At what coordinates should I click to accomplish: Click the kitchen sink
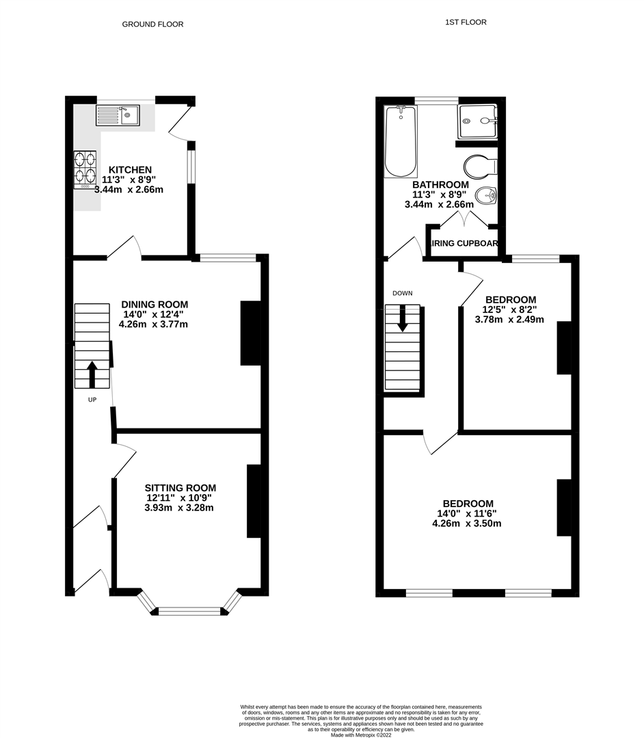point(118,115)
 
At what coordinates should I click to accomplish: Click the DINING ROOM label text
point(155,304)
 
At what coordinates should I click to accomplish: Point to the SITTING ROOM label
point(180,488)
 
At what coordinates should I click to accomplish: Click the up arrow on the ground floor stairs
point(92,374)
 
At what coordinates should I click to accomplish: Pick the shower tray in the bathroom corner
point(478,121)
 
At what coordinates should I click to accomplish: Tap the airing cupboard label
point(464,243)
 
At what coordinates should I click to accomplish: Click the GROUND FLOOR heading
point(152,24)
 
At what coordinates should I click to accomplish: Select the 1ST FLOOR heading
point(466,22)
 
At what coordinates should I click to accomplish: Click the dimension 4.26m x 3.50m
point(467,524)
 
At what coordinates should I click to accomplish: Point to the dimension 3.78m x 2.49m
point(510,319)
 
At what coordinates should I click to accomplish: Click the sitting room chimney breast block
point(254,501)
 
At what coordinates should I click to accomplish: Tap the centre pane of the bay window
point(190,612)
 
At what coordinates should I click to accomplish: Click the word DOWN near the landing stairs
point(403,293)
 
